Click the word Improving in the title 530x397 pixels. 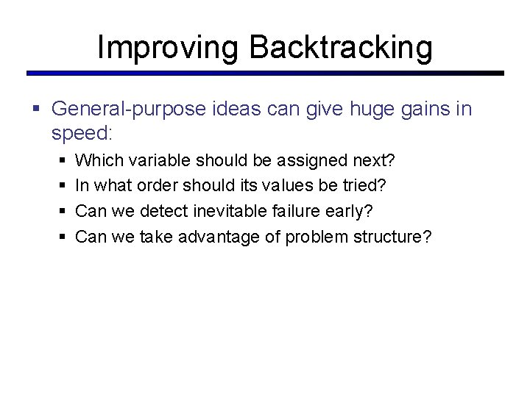[169, 47]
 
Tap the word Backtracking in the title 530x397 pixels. [341, 47]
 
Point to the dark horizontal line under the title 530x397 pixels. [265, 74]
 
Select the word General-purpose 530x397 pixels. [129, 110]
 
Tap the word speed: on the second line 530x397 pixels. [81, 133]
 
